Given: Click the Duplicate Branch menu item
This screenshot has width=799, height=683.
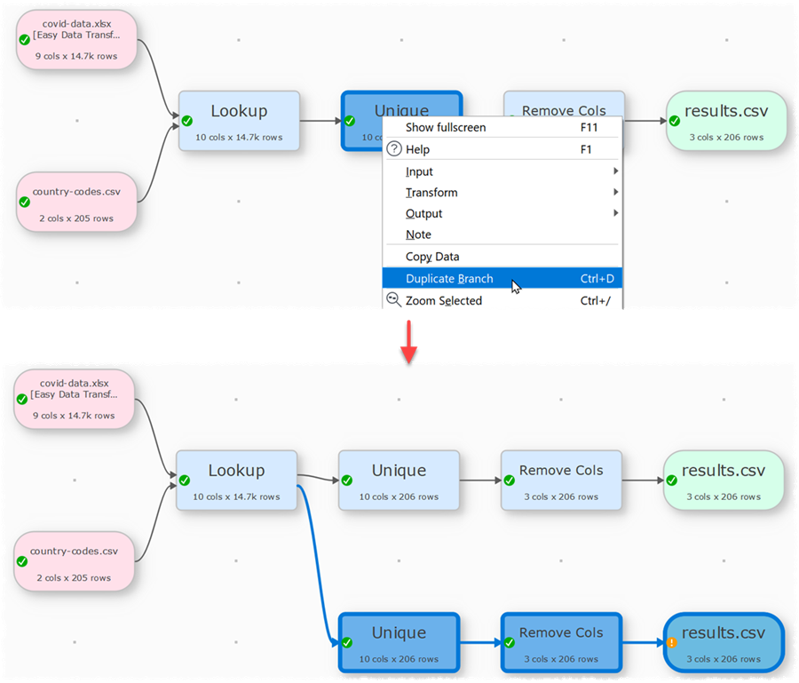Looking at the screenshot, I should pos(449,279).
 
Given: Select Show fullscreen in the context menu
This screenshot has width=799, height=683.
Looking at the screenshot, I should pos(446,127).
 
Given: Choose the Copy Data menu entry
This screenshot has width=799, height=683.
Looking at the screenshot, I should pos(432,257).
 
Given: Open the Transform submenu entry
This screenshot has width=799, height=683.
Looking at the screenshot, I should pos(431,193).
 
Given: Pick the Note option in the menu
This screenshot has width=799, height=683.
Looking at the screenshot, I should pos(418,234).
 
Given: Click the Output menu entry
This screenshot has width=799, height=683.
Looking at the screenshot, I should pos(423,214).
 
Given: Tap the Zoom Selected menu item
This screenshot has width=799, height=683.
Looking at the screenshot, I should pos(443,300).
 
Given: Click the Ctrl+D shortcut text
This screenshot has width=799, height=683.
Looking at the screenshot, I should pos(597,279).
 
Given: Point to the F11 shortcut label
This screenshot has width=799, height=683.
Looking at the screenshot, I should pos(589,127).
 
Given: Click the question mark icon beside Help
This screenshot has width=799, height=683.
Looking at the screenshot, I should pos(394,149).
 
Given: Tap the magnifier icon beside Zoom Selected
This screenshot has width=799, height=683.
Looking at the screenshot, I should pos(393,299).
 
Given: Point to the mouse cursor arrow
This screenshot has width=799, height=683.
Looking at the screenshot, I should pos(516,286).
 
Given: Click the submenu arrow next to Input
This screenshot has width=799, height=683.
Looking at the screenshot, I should pos(615,171).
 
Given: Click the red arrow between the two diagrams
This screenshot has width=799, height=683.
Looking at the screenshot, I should pos(408,341).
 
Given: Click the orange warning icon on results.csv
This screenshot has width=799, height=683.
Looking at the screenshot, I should pos(672,642).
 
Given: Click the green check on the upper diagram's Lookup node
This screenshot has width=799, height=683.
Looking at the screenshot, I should pos(187,121).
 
